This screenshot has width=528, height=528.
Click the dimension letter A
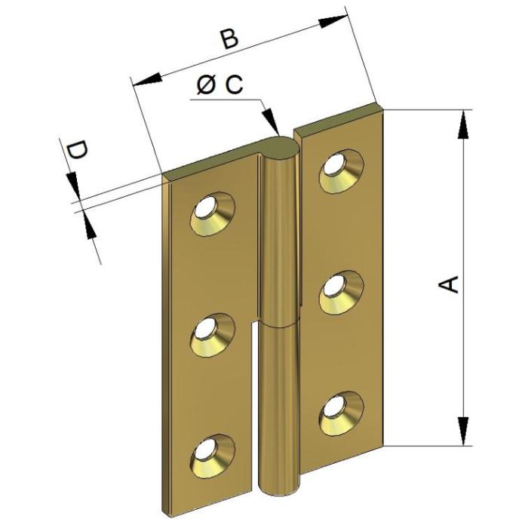point(449,285)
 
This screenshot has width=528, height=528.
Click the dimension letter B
point(229,38)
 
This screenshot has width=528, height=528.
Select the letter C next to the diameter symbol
point(234,84)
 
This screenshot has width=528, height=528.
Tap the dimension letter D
point(78,151)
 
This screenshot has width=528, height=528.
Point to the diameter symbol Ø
point(206,85)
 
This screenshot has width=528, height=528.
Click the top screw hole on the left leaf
point(213,214)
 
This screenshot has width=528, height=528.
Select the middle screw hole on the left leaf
point(213,336)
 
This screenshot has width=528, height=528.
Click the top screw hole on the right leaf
point(342,171)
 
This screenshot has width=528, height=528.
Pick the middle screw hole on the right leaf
point(342,293)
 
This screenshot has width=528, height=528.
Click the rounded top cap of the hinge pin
point(280,148)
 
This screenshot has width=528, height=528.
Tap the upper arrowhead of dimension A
point(464,124)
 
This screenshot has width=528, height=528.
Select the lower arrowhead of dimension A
point(464,431)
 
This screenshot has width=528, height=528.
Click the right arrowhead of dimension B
point(333,22)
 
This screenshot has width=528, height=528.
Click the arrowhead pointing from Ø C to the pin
point(272,121)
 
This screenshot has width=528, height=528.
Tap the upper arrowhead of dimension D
point(74,186)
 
